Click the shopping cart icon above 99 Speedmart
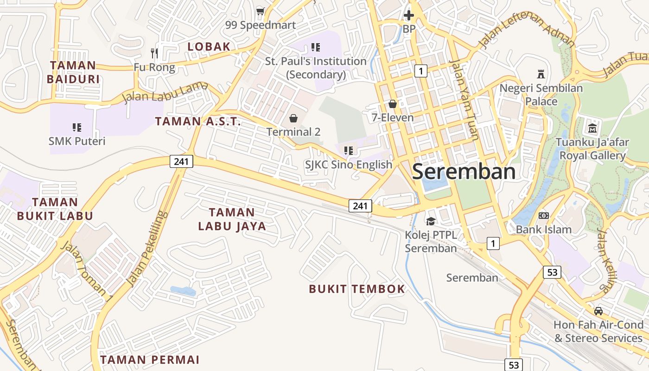(260, 11)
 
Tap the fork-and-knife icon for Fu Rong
(154, 53)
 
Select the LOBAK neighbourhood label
(209, 46)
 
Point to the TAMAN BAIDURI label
(73, 72)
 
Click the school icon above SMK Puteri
(77, 127)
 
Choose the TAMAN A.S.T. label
(198, 122)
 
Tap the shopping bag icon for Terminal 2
(293, 118)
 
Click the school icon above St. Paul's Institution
(316, 47)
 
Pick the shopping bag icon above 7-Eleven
(393, 104)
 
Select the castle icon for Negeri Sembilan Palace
(541, 74)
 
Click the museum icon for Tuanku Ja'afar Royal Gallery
(592, 128)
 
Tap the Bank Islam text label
(544, 229)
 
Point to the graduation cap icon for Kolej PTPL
(431, 221)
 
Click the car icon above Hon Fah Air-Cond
(598, 311)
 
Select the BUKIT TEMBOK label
(357, 289)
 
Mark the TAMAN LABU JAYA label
(232, 219)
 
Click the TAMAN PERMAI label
(150, 359)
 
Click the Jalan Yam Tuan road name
(464, 100)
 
